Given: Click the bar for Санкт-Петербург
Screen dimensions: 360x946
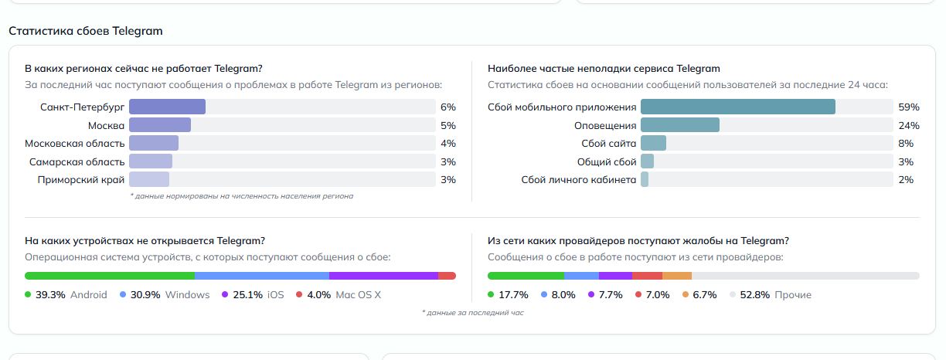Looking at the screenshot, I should [x=167, y=107].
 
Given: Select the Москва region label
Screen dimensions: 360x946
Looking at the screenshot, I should [x=106, y=125].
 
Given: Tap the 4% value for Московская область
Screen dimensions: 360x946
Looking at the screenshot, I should [x=447, y=143].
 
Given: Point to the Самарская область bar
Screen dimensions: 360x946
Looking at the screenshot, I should [x=151, y=161].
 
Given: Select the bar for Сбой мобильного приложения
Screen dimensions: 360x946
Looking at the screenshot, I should [x=737, y=107].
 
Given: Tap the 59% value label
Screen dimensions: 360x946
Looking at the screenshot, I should [x=908, y=107].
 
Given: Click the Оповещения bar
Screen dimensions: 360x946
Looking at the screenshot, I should [x=680, y=125].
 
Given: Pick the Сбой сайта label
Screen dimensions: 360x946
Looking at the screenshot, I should [x=610, y=143].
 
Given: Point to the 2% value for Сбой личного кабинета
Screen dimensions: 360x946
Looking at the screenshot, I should [x=906, y=179].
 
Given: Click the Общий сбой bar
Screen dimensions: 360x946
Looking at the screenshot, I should [x=648, y=161].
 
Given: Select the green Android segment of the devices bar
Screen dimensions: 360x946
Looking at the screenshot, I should [x=110, y=276].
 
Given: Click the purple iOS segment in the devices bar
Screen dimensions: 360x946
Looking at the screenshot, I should [x=383, y=276].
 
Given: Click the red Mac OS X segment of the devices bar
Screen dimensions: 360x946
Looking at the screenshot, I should [x=447, y=276].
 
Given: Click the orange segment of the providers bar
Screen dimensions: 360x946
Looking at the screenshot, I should [x=677, y=276].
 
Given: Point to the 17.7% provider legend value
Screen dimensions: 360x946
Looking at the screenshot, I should [x=513, y=294].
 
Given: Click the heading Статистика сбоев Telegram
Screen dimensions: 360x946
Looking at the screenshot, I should [x=85, y=31].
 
